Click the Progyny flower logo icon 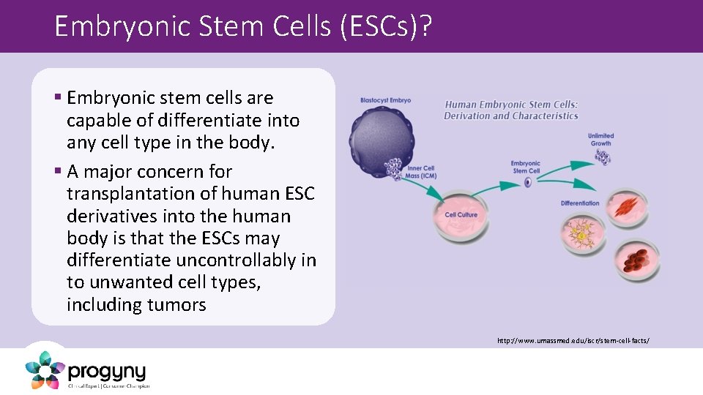[45, 369]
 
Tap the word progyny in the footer [107, 372]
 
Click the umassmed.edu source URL [573, 341]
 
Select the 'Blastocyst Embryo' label [385, 100]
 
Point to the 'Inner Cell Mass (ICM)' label [420, 173]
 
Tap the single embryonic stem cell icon [527, 181]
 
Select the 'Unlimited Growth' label [600, 139]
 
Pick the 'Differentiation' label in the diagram [580, 203]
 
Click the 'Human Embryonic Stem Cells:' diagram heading [511, 105]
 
